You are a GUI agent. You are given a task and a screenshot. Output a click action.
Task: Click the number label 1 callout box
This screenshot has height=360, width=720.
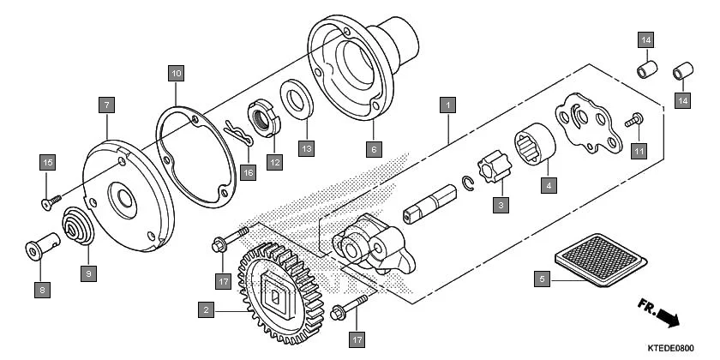446,106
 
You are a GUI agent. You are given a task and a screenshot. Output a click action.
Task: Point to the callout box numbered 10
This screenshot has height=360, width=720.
175,74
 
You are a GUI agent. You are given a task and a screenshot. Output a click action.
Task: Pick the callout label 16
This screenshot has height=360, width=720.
248,172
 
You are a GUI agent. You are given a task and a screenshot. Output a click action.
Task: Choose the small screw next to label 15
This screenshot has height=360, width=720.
52,200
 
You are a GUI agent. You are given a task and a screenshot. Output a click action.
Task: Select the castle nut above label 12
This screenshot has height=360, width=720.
262,116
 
